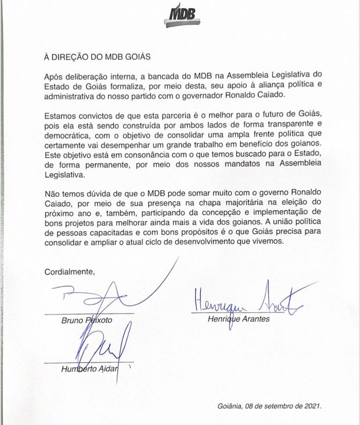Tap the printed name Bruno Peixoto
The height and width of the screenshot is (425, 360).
pyautogui.click(x=88, y=320)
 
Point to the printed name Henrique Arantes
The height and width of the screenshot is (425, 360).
pyautogui.click(x=239, y=319)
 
